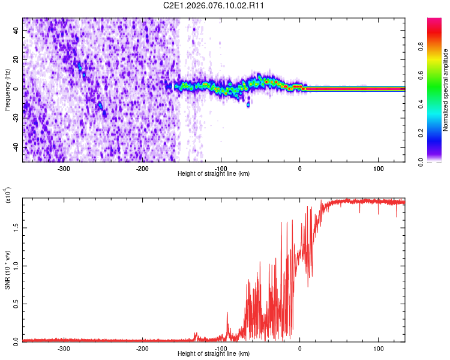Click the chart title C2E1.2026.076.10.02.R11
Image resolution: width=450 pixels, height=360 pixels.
[214, 5]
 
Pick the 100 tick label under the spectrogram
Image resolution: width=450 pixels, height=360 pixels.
[378, 169]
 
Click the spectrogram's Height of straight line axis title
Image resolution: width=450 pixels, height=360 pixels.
[214, 174]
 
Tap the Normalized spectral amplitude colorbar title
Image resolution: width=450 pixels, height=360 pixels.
[446, 90]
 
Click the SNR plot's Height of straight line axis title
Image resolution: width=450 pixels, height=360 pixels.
[214, 354]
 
